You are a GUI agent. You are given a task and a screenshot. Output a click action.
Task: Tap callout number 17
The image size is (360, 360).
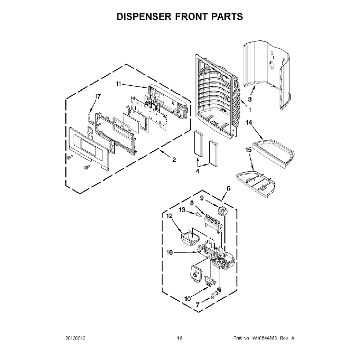click(x=97, y=96)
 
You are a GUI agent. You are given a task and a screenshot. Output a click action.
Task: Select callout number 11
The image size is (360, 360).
click(x=119, y=84)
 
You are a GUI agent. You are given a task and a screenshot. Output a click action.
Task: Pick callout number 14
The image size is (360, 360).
click(x=249, y=122)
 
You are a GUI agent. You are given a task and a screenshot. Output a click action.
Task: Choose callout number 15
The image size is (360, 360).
click(x=249, y=150)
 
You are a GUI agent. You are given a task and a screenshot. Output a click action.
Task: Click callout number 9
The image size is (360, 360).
click(x=202, y=198)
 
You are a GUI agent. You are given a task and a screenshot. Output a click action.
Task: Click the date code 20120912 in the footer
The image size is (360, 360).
click(x=77, y=338)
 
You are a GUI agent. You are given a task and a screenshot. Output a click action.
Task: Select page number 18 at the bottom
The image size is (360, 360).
click(x=179, y=338)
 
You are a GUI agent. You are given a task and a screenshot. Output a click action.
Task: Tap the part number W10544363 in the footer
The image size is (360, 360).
click(x=263, y=338)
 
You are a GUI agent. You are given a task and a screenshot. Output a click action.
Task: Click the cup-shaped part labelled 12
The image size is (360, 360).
click(x=190, y=238)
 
